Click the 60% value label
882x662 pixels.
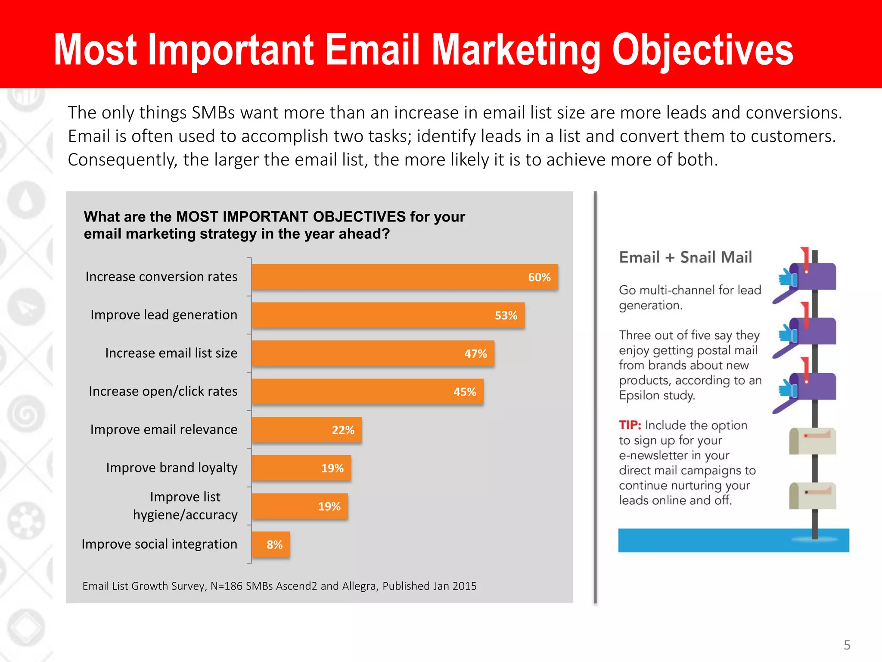539,277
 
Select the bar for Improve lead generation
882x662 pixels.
388,315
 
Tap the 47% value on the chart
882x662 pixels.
475,354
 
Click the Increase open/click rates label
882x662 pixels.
163,391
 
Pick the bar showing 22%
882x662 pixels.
306,430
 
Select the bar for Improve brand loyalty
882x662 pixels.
301,468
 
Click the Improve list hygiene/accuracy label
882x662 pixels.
185,506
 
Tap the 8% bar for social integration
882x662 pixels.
270,544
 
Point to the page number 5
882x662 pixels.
847,645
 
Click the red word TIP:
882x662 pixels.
630,425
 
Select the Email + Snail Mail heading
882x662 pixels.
685,257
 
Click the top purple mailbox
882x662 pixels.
814,276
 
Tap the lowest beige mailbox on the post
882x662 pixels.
812,496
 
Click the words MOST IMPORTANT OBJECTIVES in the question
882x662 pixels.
291,216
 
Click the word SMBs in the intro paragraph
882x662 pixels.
213,113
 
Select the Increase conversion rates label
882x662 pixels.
161,277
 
